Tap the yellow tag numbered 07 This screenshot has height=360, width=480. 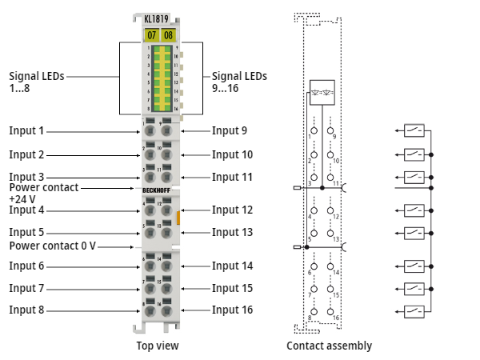pyautogui.click(x=151, y=35)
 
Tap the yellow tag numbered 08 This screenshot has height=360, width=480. pyautogui.click(x=168, y=35)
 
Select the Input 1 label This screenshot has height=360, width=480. pyautogui.click(x=26, y=130)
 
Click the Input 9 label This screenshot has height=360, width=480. pyautogui.click(x=229, y=130)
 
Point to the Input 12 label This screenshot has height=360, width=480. pyautogui.click(x=232, y=210)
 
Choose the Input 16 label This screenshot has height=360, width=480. pyautogui.click(x=232, y=310)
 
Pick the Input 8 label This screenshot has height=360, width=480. pyautogui.click(x=26, y=310)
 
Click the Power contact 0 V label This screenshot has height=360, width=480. pyautogui.click(x=53, y=246)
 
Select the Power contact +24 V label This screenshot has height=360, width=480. pyautogui.click(x=44, y=193)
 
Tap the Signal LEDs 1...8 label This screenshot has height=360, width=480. pyautogui.click(x=37, y=82)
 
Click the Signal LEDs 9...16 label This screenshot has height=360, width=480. pyautogui.click(x=239, y=82)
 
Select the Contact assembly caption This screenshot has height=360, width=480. pyautogui.click(x=329, y=346)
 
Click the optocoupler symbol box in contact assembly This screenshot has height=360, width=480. pyautogui.click(x=322, y=91)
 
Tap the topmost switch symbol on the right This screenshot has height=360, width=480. pyautogui.click(x=414, y=130)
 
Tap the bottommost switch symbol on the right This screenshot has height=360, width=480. pyautogui.click(x=414, y=310)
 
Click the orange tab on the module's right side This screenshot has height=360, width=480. pyautogui.click(x=179, y=217)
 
